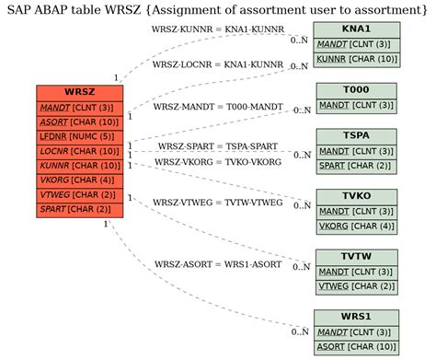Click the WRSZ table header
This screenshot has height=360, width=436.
pos(79,92)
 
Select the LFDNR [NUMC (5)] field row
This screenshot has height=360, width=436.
pos(79,136)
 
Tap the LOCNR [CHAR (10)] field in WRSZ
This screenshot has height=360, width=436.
pos(79,151)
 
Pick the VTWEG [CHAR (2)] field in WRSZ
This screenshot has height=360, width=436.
pos(79,195)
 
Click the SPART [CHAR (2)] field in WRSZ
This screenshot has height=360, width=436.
pos(79,210)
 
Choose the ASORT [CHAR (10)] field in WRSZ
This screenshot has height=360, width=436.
pos(79,122)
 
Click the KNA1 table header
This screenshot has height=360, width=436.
pos(356,29)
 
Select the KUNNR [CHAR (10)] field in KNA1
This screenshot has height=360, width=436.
pos(356,59)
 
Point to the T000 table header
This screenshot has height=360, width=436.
pos(356,90)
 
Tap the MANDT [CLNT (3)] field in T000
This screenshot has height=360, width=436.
pos(356,105)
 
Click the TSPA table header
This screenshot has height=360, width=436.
pos(356,136)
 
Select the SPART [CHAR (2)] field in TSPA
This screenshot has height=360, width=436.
pos(356,166)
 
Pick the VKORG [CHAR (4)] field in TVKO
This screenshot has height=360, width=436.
pos(356,226)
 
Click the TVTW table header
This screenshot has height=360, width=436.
pos(356,257)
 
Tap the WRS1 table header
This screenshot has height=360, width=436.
pos(356,317)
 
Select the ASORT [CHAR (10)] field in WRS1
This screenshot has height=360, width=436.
pos(356,346)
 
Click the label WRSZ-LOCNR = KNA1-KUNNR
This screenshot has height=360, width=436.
pos(218,65)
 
